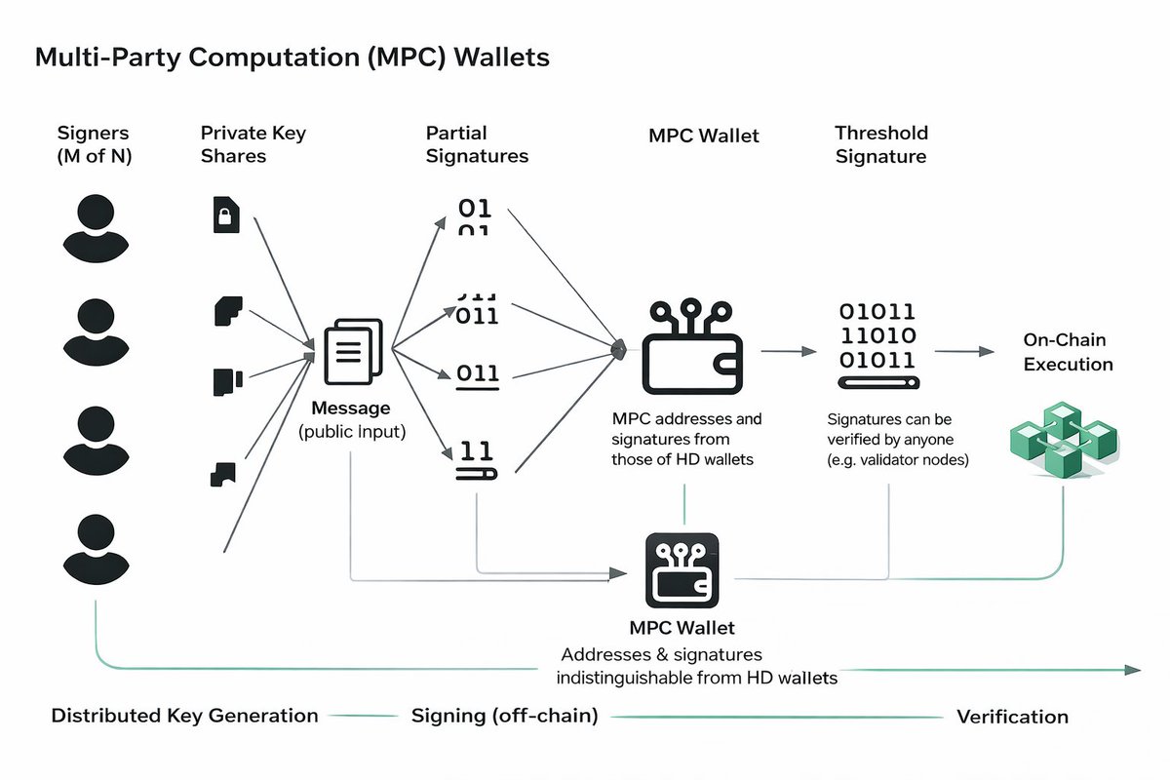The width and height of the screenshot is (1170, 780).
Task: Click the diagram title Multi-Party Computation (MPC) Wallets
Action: (292, 57)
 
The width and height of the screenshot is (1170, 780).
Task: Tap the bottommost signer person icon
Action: (96, 548)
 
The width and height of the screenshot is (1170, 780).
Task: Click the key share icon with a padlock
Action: (225, 214)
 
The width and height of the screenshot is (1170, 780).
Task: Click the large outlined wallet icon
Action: (693, 347)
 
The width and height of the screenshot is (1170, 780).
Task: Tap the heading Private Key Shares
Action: (253, 144)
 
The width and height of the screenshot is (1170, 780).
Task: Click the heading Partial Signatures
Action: (477, 144)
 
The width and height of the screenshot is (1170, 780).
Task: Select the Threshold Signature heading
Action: (880, 144)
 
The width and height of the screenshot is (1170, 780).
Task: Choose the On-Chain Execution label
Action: (1068, 352)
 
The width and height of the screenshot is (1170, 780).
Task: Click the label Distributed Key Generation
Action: (184, 716)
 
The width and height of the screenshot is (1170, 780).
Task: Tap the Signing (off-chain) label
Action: (504, 716)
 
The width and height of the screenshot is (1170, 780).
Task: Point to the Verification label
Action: (1012, 717)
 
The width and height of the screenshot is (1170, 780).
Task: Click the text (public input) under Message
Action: (352, 431)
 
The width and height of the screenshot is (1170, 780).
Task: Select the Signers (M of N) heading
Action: (94, 144)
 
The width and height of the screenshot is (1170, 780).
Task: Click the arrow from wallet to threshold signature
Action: (788, 350)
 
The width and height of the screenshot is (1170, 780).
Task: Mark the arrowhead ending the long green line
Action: (1132, 670)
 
